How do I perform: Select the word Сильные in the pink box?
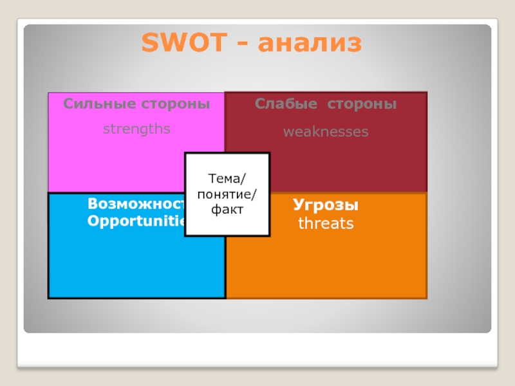click(93, 104)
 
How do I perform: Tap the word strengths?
click(136, 129)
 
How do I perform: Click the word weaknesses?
click(326, 132)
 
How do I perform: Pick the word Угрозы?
click(326, 206)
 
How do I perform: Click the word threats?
click(326, 224)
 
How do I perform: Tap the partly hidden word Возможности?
click(136, 205)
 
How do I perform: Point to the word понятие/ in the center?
click(227, 194)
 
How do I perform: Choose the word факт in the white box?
click(227, 209)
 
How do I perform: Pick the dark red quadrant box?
click(360, 164)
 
